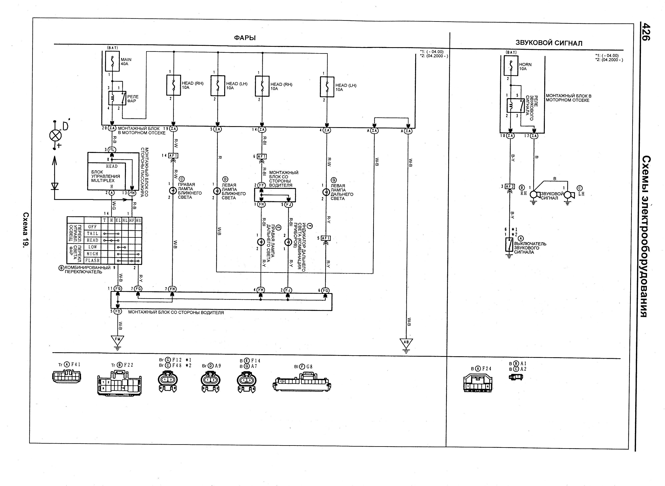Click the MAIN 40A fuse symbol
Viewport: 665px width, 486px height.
(112, 61)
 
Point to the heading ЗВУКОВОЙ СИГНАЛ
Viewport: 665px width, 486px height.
(549, 43)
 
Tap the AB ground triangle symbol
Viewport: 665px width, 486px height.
(406, 343)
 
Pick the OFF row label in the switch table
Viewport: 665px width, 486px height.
(92, 227)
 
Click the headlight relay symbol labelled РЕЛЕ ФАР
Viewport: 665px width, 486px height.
(117, 98)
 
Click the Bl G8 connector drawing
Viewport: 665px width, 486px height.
(302, 382)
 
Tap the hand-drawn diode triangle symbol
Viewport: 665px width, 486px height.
(55, 186)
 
